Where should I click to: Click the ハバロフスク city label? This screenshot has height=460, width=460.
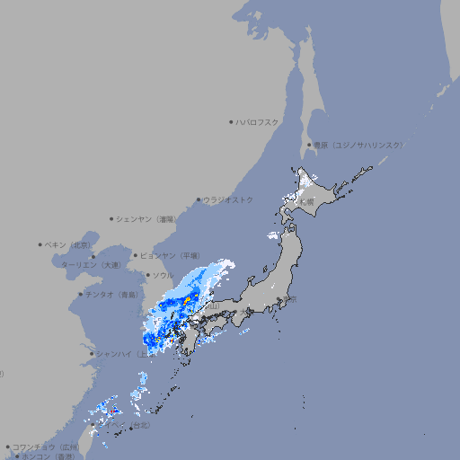(258, 121)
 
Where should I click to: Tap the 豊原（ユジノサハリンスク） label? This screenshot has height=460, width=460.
(358, 145)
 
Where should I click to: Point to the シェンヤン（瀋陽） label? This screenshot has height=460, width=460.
(146, 218)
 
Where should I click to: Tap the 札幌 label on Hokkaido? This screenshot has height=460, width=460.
(308, 202)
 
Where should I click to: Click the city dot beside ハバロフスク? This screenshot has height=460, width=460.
(231, 121)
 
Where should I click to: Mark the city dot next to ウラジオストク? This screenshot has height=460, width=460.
(199, 199)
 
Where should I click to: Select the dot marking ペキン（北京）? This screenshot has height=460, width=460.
(40, 244)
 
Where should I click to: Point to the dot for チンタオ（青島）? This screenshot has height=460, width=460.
(79, 294)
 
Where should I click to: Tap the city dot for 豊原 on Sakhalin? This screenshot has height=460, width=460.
(308, 145)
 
